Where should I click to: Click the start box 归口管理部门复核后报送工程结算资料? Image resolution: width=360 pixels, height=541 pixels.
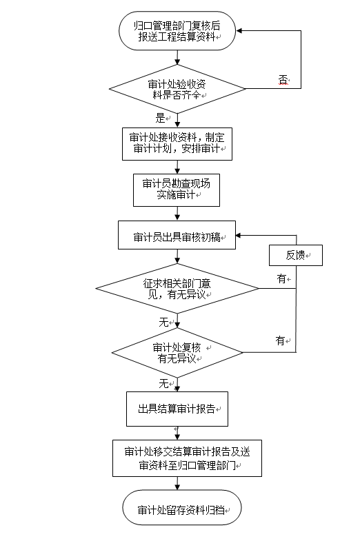[177, 31]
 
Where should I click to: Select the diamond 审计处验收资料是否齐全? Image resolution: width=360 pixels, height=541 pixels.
[177, 89]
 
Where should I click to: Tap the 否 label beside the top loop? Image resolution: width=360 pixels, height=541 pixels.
[283, 80]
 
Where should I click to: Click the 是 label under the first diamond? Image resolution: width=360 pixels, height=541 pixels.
[160, 118]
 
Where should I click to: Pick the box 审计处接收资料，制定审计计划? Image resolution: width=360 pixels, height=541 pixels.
[177, 144]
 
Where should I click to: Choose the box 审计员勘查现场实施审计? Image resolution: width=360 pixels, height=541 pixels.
[177, 190]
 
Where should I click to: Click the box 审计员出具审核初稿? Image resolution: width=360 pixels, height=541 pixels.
[177, 235]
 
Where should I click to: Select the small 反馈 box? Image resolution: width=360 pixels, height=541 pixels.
[296, 255]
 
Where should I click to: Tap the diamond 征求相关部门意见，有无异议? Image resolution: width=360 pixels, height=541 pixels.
[177, 289]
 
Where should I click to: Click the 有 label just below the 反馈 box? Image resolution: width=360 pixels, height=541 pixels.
[281, 278]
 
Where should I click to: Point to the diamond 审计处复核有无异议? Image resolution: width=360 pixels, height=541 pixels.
[177, 353]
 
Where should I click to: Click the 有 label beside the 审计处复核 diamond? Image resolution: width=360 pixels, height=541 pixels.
[280, 340]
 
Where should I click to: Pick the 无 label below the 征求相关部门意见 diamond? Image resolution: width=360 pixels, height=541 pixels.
[163, 322]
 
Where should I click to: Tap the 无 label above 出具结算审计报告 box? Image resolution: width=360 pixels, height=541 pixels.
[163, 383]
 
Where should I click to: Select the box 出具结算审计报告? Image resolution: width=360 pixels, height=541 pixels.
[177, 409]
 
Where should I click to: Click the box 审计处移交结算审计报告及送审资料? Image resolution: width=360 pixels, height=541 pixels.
[187, 458]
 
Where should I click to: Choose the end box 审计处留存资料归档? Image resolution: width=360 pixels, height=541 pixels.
[182, 507]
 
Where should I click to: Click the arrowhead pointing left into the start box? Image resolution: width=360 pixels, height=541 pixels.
[239, 31]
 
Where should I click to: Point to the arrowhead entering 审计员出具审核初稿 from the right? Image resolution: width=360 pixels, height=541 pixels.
[239, 235]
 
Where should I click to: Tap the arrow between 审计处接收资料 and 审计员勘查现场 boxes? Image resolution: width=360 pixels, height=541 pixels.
[177, 167]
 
